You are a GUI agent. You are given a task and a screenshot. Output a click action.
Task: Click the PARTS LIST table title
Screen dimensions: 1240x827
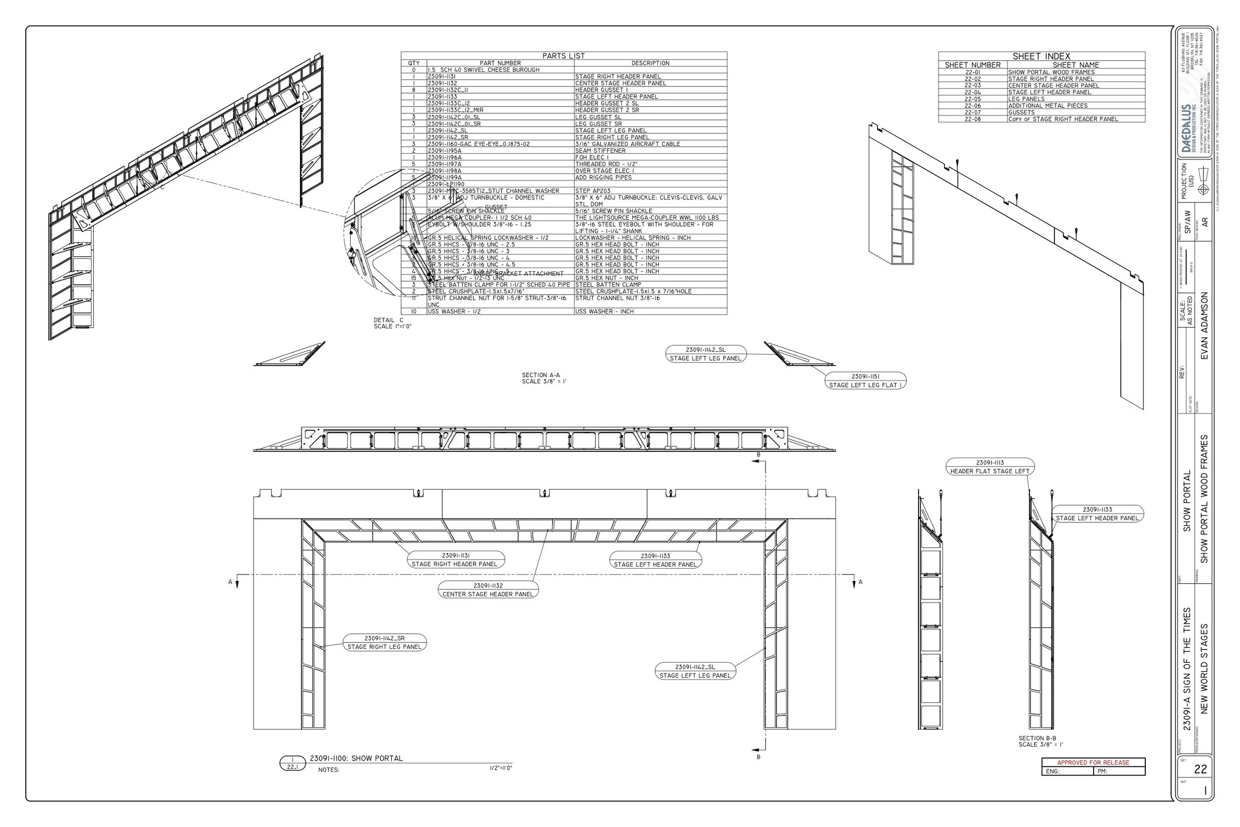(x=563, y=56)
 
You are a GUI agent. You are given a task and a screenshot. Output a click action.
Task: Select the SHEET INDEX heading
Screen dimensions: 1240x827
(x=1041, y=57)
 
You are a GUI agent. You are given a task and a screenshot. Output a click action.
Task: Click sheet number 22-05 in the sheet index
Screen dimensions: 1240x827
(x=972, y=99)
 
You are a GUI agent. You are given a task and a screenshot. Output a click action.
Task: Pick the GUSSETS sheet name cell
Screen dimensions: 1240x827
(x=1021, y=112)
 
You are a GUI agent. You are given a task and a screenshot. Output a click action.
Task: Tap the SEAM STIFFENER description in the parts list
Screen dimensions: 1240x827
(x=600, y=151)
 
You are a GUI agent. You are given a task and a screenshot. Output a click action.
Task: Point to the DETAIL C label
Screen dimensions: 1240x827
(x=388, y=320)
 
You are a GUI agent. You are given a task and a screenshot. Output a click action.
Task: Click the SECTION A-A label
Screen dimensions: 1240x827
(x=541, y=375)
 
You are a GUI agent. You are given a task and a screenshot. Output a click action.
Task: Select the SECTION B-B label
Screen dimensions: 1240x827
(x=1037, y=738)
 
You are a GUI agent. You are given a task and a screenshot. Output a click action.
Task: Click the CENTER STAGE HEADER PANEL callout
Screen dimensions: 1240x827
(x=488, y=590)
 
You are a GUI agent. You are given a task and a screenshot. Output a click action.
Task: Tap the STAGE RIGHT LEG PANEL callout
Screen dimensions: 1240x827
(x=384, y=642)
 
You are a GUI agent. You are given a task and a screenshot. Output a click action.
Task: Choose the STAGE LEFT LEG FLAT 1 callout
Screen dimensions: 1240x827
(x=865, y=381)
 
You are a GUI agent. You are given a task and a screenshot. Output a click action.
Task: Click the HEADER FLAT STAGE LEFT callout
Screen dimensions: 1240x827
(x=990, y=467)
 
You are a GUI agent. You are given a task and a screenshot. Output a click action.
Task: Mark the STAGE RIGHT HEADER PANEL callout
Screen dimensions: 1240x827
(x=455, y=560)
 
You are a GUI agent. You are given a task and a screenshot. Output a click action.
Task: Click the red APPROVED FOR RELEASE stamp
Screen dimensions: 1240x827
(x=1093, y=763)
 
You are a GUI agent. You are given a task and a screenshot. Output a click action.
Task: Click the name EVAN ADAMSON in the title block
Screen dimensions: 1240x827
(x=1204, y=326)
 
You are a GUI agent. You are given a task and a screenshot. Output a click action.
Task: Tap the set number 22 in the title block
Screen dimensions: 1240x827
(x=1200, y=769)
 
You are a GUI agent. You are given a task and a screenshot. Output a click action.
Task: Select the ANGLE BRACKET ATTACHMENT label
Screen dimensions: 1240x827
(x=518, y=274)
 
